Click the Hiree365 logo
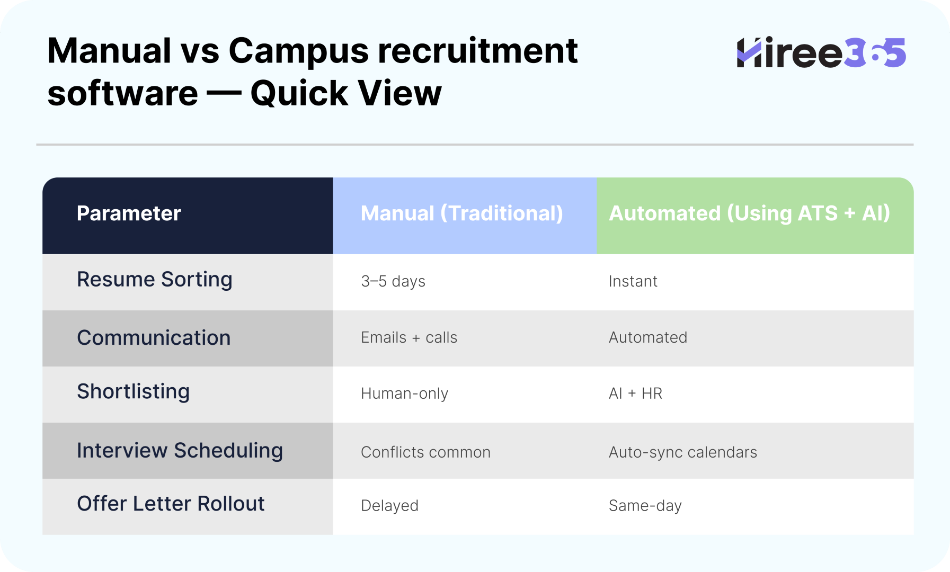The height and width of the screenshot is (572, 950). pos(821,52)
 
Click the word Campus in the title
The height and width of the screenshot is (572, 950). pos(298,51)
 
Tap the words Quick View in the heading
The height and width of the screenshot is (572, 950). pos(346,93)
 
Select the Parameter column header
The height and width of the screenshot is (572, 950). pos(129,213)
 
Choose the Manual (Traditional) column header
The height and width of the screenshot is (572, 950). pos(462,213)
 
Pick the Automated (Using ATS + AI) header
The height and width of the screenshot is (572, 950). pos(750,213)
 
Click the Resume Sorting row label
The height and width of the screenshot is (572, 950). pos(155,280)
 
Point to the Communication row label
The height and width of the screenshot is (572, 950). pos(154,338)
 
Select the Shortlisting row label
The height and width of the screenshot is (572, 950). pos(134,391)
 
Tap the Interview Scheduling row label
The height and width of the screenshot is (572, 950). pos(180,451)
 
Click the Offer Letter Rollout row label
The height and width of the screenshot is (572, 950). pos(171,504)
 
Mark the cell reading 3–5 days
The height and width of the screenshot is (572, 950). pos(393,281)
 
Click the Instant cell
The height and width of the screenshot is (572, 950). pos(633,281)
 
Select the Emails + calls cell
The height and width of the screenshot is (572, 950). pos(409,337)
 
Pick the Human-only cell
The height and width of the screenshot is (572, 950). pos(405,394)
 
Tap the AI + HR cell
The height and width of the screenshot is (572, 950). pos(636,394)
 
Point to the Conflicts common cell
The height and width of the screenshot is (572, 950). pos(426,452)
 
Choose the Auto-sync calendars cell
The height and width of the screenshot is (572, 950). pos(683,452)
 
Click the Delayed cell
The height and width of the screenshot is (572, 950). pos(390,506)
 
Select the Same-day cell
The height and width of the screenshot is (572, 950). pos(645,506)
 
